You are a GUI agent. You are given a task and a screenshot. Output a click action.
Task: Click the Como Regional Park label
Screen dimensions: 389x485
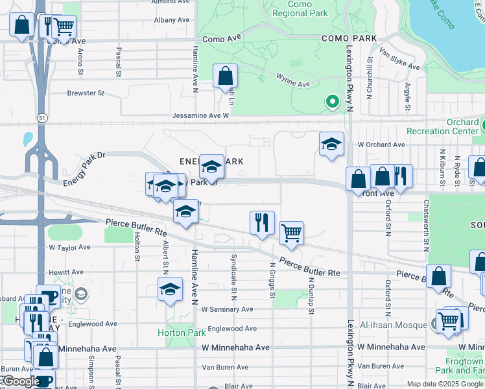(x=300, y=8)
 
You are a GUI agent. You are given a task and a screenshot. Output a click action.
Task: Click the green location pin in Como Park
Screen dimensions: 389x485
(x=333, y=102)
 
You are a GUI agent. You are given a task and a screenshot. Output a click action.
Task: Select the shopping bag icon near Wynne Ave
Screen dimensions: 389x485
(x=225, y=75)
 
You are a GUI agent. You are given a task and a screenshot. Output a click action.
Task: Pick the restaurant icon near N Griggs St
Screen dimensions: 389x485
(x=262, y=222)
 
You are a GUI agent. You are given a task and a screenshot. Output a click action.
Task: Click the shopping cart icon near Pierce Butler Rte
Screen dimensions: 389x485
(x=292, y=232)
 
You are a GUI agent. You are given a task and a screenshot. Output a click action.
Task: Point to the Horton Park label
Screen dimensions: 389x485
(x=181, y=333)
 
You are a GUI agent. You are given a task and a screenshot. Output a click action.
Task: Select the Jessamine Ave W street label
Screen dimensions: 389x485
(x=201, y=115)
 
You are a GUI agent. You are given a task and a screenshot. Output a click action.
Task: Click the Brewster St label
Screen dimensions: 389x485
(x=86, y=93)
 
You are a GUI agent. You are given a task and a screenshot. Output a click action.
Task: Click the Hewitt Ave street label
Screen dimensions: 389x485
(x=67, y=272)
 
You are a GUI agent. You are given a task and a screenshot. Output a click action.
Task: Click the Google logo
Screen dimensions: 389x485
(x=21, y=381)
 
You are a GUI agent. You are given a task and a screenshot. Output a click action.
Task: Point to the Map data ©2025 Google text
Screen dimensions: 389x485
(x=444, y=384)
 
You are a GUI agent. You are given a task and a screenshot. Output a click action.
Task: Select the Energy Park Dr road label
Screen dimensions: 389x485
(x=84, y=169)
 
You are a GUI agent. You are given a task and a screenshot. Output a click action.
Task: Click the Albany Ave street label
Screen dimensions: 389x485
(x=172, y=20)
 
